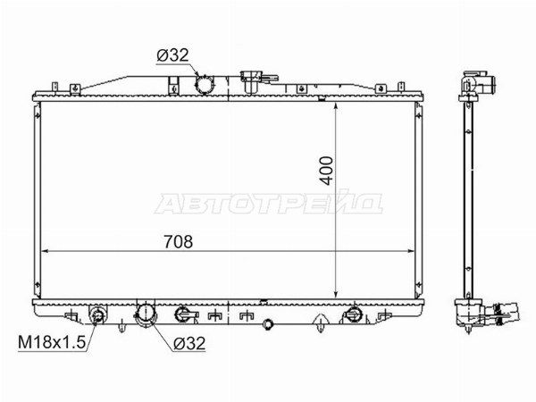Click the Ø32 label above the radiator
(173, 55)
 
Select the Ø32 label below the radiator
(189, 343)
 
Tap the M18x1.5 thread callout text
(52, 342)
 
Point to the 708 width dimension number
(179, 242)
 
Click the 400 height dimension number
(327, 171)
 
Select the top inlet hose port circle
(204, 84)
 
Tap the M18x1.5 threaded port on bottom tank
(97, 314)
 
